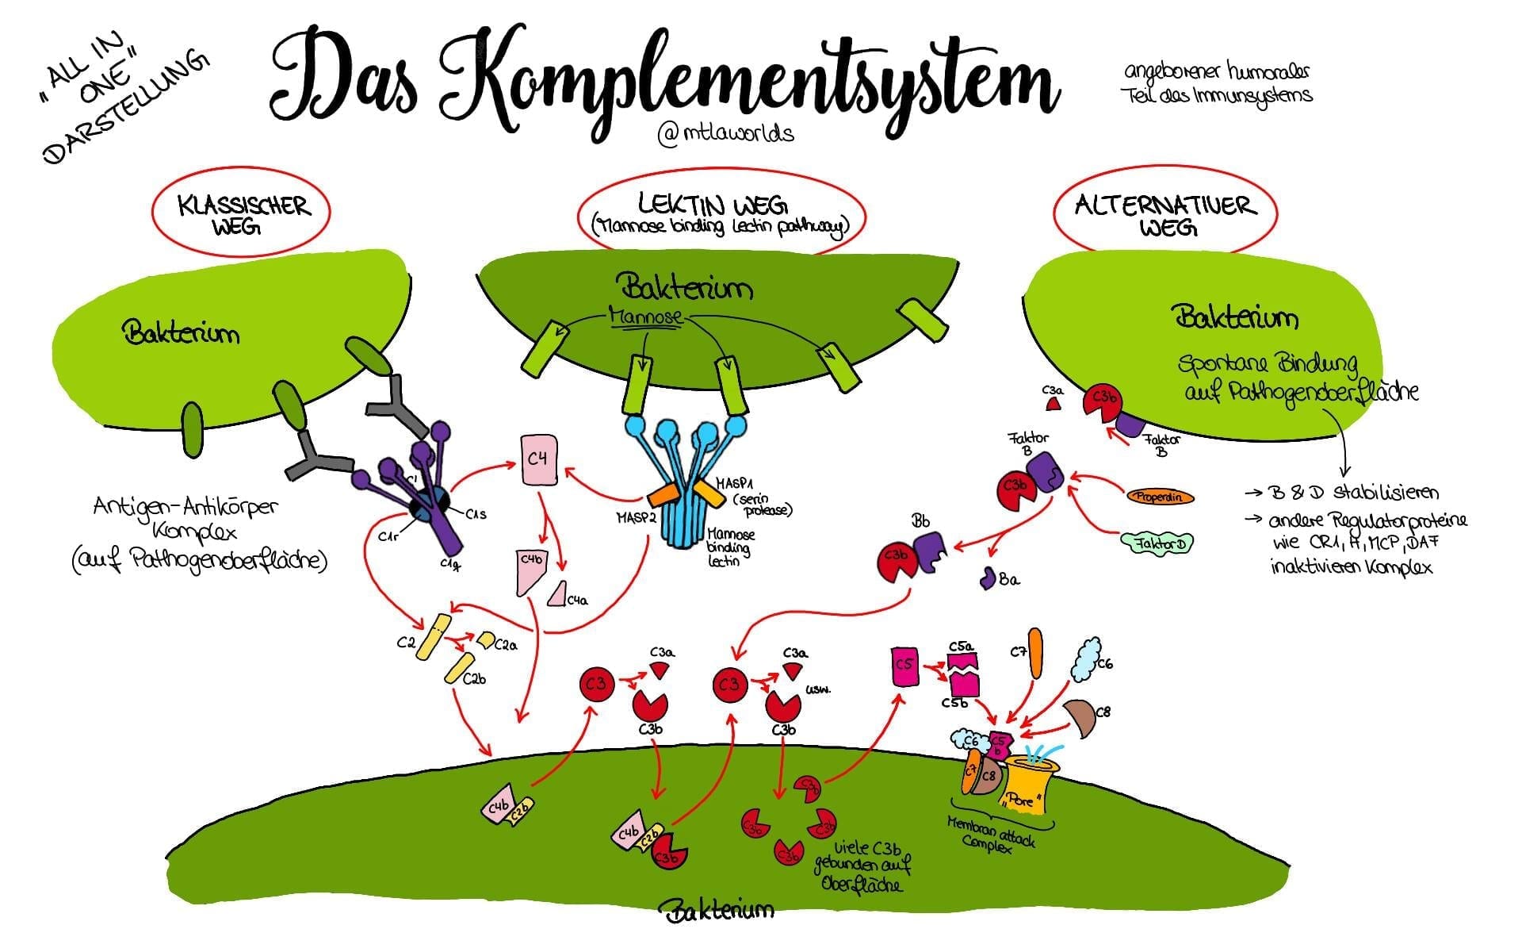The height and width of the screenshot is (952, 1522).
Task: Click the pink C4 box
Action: tap(540, 459)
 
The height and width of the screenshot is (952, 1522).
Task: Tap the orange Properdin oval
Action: tap(1160, 497)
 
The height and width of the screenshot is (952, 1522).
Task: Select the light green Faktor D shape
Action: tap(1158, 543)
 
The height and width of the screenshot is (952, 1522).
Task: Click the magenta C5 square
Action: tap(904, 665)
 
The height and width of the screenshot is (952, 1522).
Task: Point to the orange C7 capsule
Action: tap(1035, 652)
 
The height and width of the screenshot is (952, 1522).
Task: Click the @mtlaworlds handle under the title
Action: tap(725, 132)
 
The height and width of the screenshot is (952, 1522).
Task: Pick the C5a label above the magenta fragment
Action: tap(962, 647)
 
